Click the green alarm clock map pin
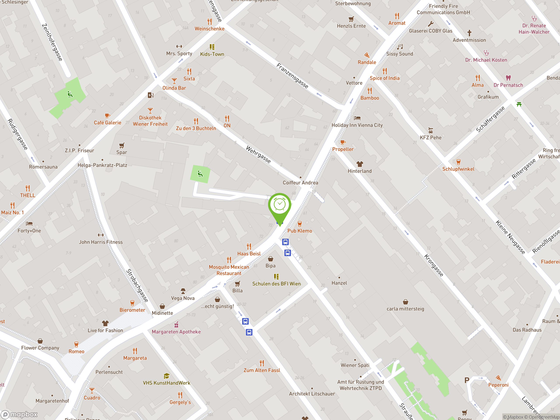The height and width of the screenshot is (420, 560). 280,206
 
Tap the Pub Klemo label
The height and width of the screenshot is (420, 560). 299,231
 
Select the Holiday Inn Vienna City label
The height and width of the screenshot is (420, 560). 357,125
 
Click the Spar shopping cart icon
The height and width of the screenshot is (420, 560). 122,145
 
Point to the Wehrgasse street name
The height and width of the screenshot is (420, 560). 258,154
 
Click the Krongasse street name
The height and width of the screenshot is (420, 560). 434,265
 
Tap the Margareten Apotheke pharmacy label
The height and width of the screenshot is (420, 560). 176,332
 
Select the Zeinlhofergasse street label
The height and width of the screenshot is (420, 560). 52,42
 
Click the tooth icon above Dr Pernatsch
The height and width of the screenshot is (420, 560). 508,78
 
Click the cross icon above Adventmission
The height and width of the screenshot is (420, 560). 469,33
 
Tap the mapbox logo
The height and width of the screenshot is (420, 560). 19,415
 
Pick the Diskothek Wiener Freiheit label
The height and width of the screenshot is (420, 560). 150,121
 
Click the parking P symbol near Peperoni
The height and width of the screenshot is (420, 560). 467,380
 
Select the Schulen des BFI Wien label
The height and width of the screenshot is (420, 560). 276,284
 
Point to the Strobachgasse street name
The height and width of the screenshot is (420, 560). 137,285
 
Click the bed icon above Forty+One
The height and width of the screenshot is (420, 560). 29,224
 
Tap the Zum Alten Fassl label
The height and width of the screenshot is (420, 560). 262,370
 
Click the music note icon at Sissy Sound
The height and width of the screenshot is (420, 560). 400,47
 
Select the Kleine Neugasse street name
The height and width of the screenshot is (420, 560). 510,237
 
